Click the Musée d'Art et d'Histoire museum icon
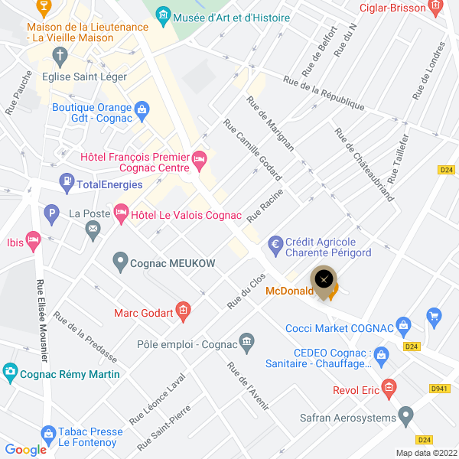click(x=162, y=15)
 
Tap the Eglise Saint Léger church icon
click(x=60, y=56)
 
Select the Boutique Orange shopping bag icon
click(x=142, y=112)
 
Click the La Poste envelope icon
click(x=93, y=227)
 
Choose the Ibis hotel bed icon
click(x=32, y=239)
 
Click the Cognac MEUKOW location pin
click(x=120, y=262)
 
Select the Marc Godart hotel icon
click(x=182, y=310)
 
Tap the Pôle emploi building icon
click(x=246, y=340)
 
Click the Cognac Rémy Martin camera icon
click(x=10, y=373)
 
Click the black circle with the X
click(x=324, y=279)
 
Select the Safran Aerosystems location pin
click(x=405, y=417)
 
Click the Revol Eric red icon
click(x=389, y=389)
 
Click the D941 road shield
click(x=439, y=389)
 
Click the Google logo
click(x=26, y=450)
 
